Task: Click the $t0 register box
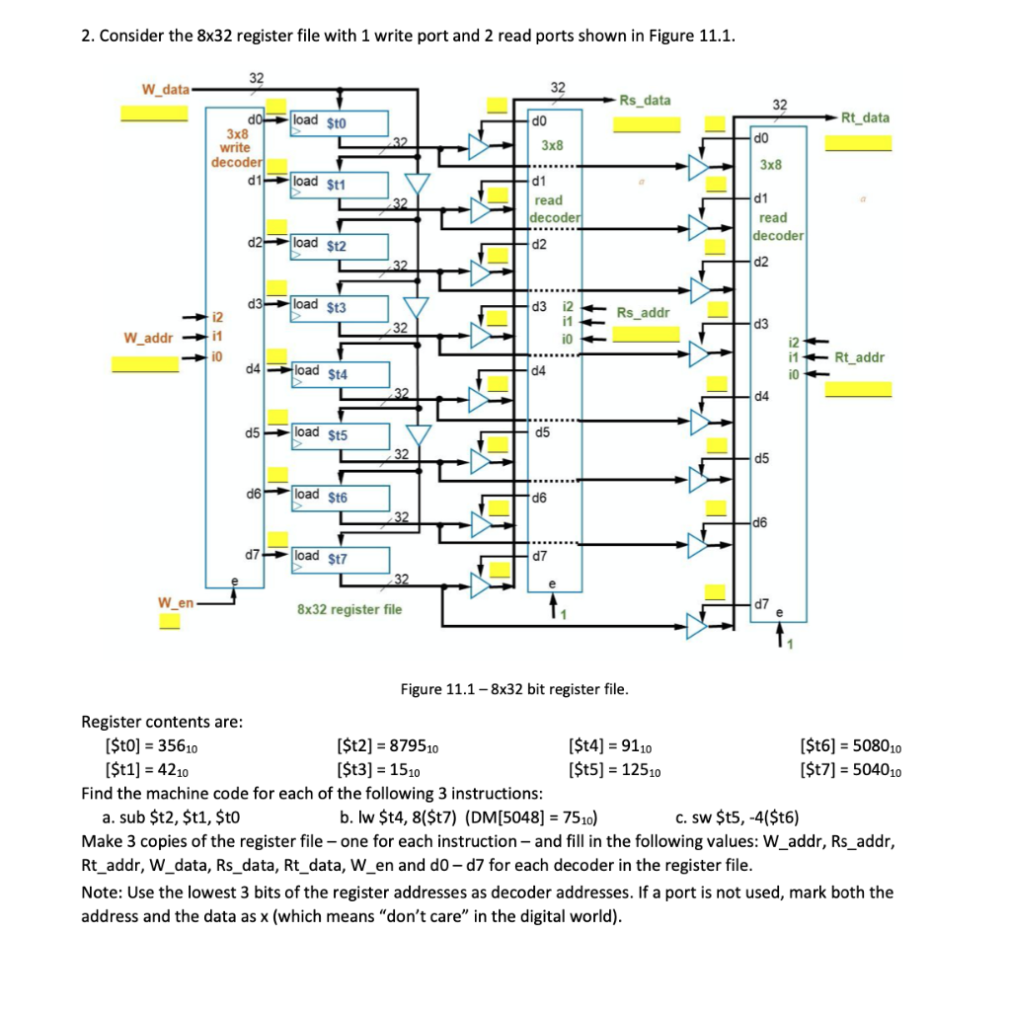pos(339,122)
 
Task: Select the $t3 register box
pos(339,307)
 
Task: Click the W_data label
pos(165,90)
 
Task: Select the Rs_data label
pos(645,100)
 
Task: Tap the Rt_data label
pos(865,117)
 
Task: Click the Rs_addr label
pos(643,313)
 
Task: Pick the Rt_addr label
pos(860,357)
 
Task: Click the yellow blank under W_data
pos(154,113)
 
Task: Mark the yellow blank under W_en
pos(170,621)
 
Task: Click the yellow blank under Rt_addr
pos(858,388)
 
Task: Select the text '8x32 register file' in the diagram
pos(349,609)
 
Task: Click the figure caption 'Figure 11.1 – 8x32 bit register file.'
pos(513,688)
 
